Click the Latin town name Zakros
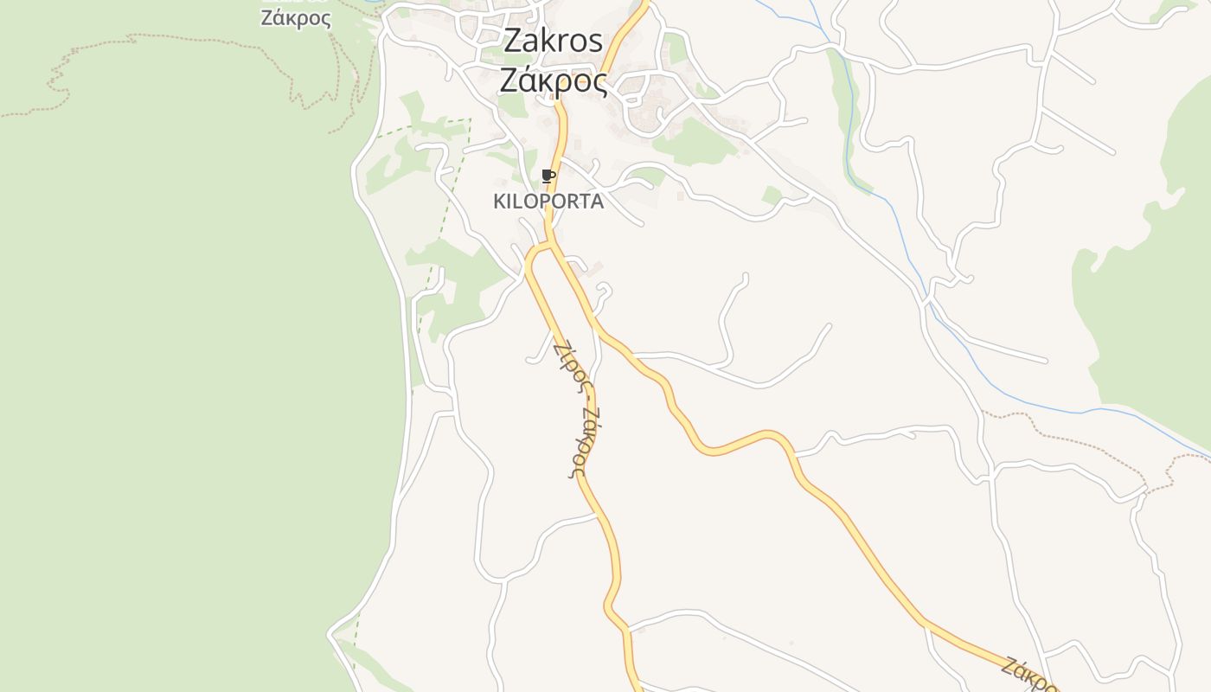click(x=553, y=40)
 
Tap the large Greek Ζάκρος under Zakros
click(x=553, y=80)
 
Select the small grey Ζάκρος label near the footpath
click(x=295, y=18)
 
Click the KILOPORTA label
click(x=548, y=202)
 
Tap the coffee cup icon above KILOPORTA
click(x=547, y=176)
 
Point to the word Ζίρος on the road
click(x=568, y=365)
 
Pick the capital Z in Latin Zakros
click(x=513, y=40)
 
